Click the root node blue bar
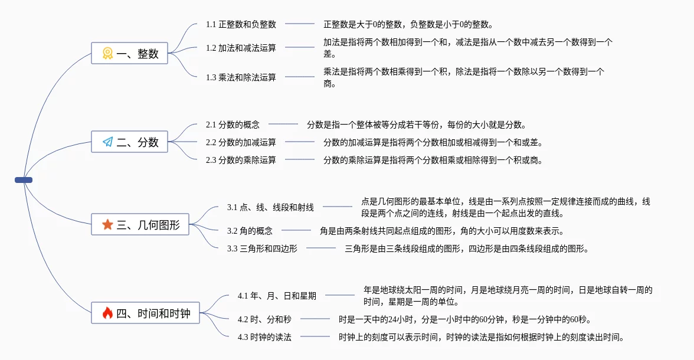tap(24, 180)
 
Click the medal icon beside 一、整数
tap(107, 53)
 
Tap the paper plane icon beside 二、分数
tap(107, 142)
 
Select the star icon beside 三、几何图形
tap(107, 224)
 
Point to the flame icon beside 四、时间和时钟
tap(107, 313)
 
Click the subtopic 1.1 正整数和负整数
tap(241, 24)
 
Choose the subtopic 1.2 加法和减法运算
tap(241, 48)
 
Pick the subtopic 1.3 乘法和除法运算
tap(241, 77)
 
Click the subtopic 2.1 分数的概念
tap(233, 125)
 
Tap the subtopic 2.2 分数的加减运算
tap(241, 142)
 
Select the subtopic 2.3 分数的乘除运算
tap(241, 160)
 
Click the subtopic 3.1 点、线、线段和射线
tap(270, 207)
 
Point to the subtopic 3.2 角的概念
tap(250, 231)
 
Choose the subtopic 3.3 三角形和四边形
tap(262, 248)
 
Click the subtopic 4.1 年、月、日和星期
tap(277, 296)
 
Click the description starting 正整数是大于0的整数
tap(408, 24)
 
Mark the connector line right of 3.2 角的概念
tap(296, 230)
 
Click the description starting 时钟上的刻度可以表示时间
tap(481, 337)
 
